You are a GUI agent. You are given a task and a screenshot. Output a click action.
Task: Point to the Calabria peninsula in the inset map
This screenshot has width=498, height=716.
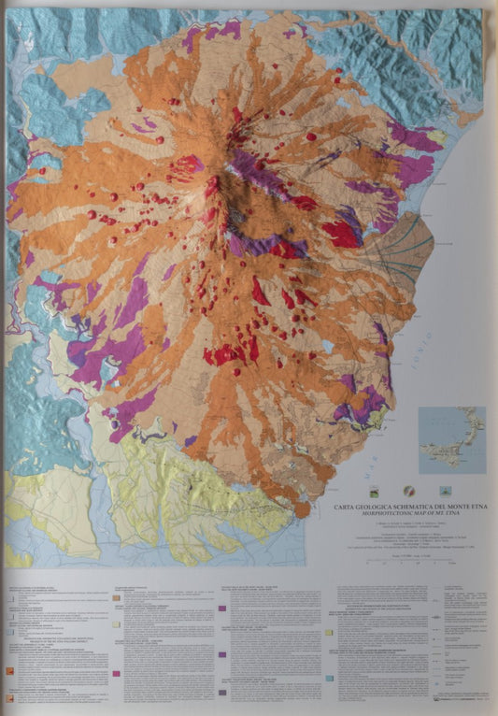click(473, 432)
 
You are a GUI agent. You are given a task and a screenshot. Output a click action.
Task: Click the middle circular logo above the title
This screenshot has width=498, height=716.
click(407, 490)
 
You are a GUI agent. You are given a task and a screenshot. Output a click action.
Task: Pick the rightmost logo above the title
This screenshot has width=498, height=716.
click(443, 490)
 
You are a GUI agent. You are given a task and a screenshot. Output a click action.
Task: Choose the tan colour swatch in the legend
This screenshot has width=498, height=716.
click(116, 596)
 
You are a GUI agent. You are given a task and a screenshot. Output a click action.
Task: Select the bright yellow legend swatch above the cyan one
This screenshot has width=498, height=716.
click(329, 633)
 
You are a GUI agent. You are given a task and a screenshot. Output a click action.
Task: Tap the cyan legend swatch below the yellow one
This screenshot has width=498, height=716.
click(329, 677)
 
